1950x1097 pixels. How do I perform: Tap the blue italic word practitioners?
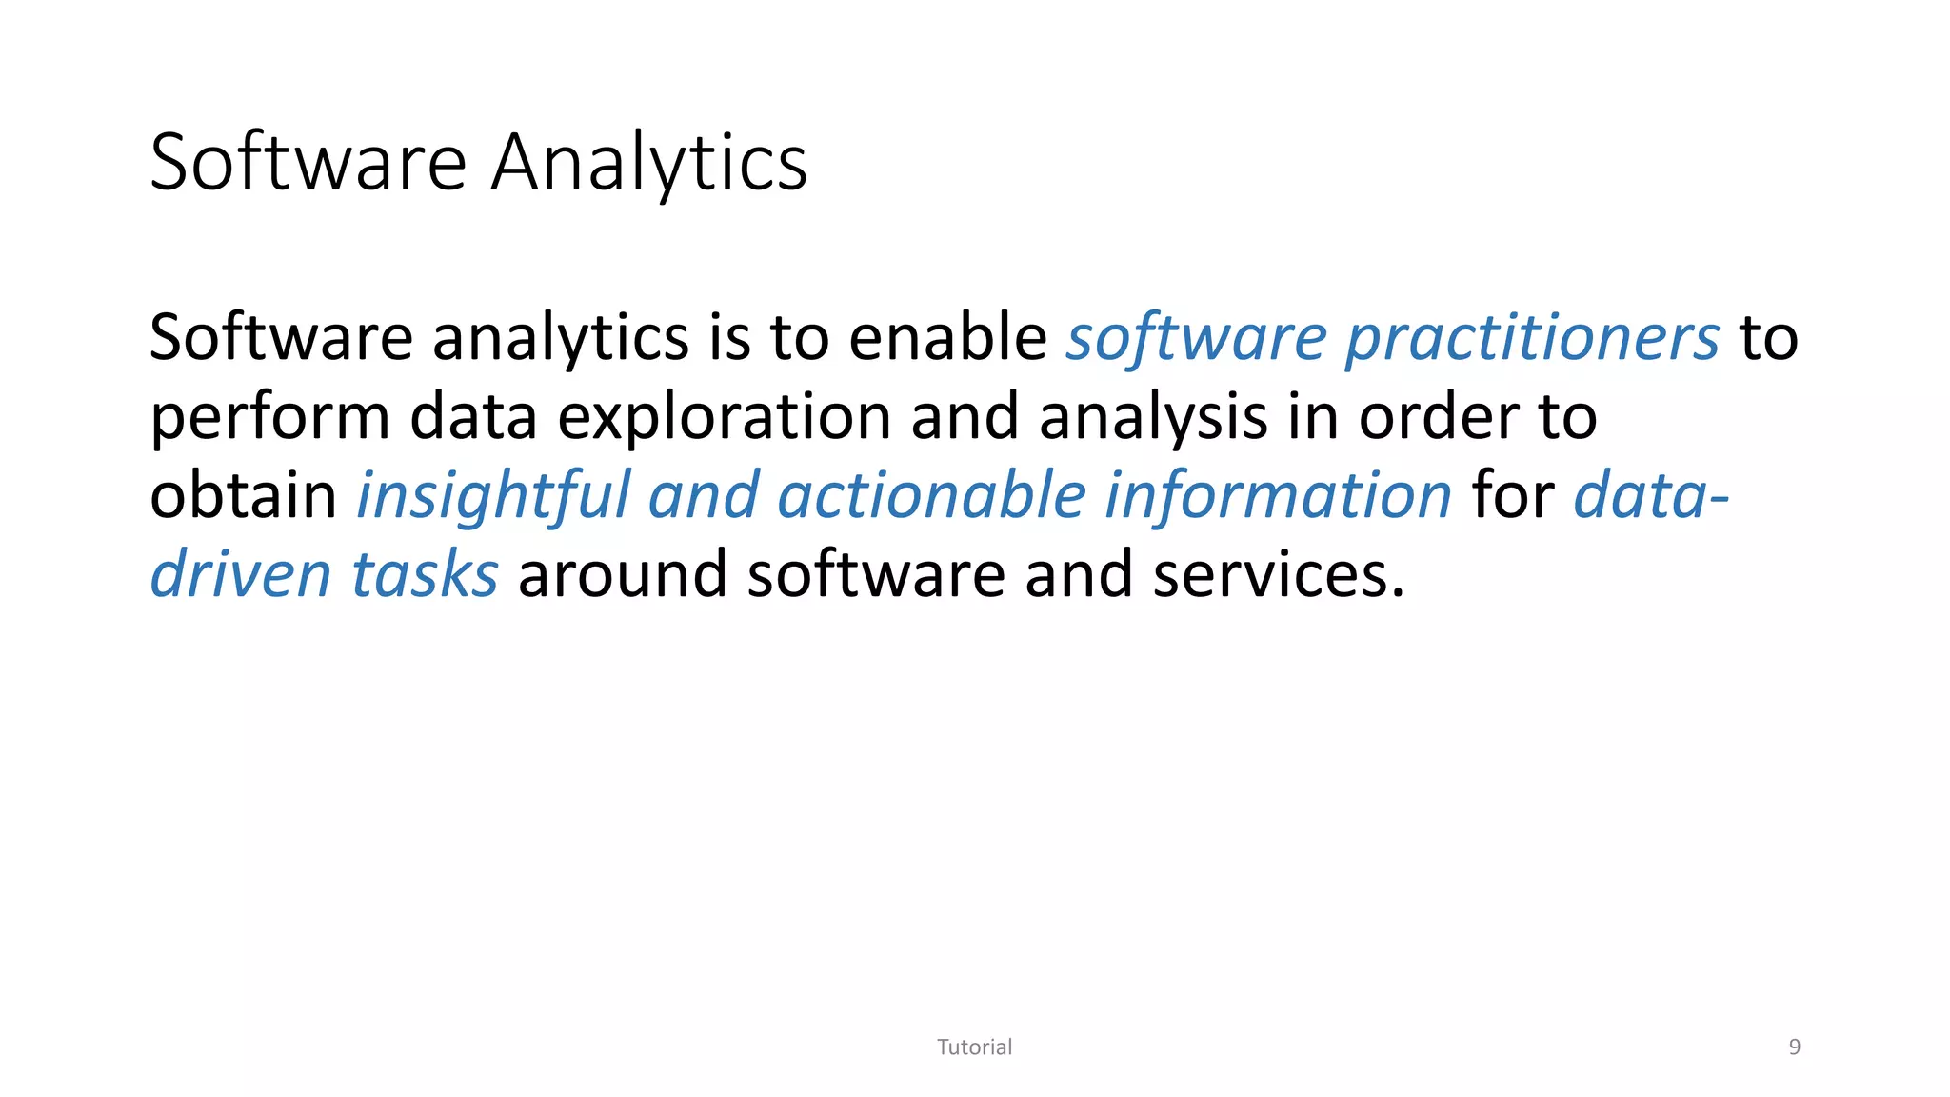click(x=1532, y=339)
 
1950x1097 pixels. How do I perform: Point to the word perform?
click(x=270, y=418)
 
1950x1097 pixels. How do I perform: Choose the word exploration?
click(x=725, y=418)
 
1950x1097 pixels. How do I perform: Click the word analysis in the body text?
click(x=1153, y=418)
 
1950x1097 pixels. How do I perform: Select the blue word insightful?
click(x=493, y=496)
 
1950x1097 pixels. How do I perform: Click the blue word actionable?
click(x=931, y=496)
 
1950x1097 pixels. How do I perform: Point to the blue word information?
click(x=1278, y=496)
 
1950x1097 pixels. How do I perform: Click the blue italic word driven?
click(x=241, y=575)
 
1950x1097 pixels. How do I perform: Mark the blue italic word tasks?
click(x=425, y=575)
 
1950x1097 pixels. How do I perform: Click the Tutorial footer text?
click(x=974, y=1047)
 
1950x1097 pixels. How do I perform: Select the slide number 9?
click(x=1795, y=1047)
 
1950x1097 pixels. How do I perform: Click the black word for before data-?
click(x=1513, y=496)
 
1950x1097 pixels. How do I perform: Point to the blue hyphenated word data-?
click(x=1651, y=496)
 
